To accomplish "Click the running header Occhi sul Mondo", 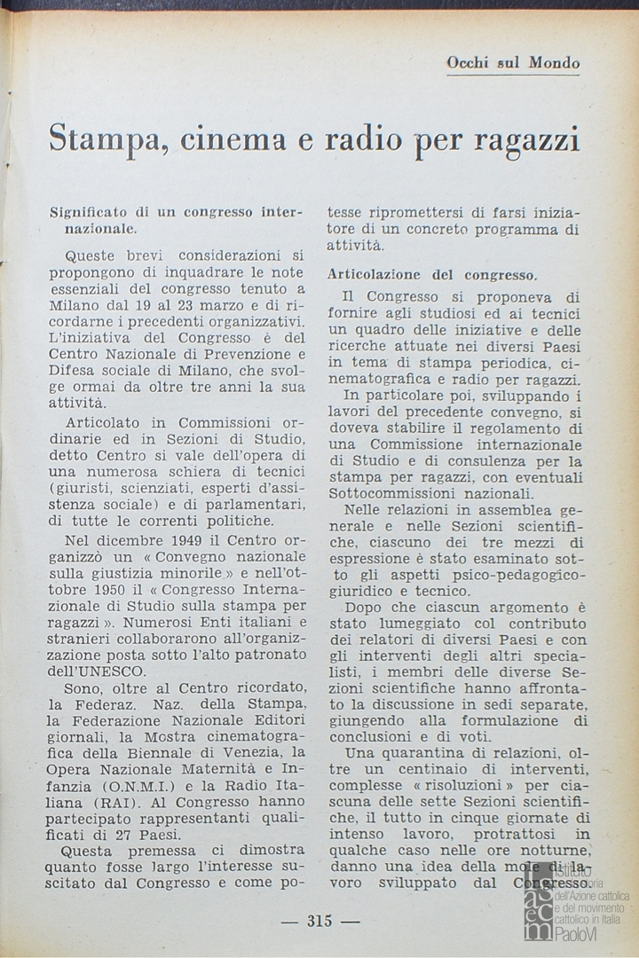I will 514,63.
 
